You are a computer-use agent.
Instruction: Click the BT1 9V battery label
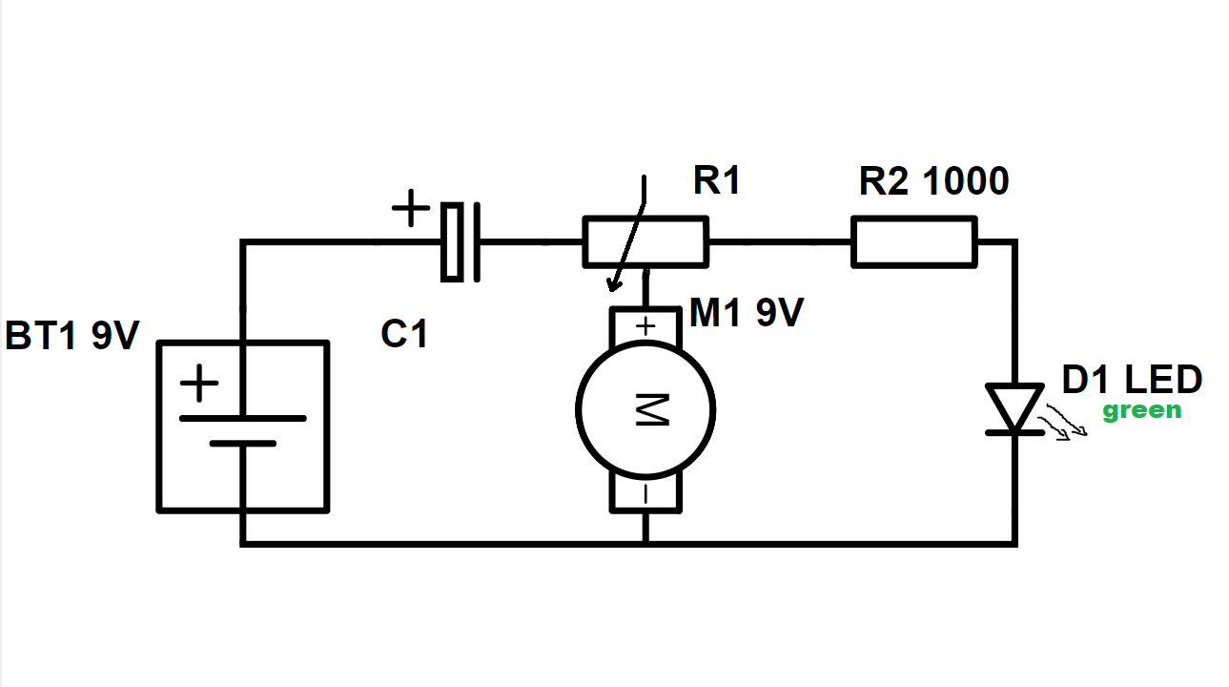pos(72,335)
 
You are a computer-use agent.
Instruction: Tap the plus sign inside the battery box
pos(199,383)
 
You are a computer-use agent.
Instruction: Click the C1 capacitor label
pos(404,333)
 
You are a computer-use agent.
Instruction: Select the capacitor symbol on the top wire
pos(461,242)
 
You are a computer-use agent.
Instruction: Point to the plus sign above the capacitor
pos(411,208)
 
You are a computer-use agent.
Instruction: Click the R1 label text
pos(717,179)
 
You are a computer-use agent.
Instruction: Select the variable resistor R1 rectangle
pos(645,242)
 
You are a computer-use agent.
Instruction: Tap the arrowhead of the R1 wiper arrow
pos(614,285)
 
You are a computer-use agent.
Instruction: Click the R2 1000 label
pos(933,180)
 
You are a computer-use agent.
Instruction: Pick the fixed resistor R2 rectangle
pos(914,242)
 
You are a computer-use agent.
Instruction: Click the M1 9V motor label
pos(747,312)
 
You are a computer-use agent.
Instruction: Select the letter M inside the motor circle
pos(652,409)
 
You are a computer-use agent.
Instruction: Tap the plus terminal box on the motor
pos(645,326)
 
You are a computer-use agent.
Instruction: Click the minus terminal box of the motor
pos(645,493)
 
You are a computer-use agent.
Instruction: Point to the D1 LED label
pos(1132,379)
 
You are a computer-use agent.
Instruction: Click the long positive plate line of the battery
pos(243,419)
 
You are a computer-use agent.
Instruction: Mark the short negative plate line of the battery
pos(243,443)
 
